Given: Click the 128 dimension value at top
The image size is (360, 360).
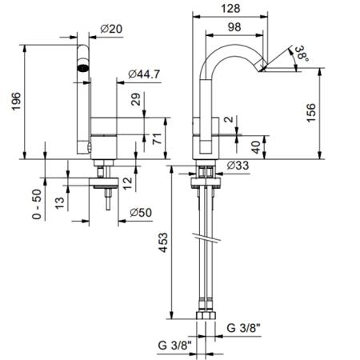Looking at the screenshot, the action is point(230,8).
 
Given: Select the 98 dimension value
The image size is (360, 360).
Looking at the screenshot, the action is point(234,27).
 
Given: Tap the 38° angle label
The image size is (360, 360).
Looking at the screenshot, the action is point(302,54).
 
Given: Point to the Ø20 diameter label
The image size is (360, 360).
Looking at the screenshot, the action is point(111,29).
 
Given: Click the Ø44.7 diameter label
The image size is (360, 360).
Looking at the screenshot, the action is point(144,74).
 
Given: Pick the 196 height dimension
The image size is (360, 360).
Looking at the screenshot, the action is point(17,102).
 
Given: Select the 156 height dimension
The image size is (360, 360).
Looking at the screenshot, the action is point(311,113).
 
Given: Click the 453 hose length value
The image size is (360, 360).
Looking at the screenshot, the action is point(163,242).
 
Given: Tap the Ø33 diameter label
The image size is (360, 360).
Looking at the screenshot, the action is point(238,166).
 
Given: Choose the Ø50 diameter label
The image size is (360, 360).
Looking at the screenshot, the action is point(141,213).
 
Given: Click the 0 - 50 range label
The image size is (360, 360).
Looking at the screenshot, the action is point(37,204).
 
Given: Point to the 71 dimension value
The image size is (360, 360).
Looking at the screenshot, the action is point(158,138).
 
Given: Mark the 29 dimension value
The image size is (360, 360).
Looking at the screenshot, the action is point(136,99).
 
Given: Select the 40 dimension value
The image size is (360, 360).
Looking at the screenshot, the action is point(256,147).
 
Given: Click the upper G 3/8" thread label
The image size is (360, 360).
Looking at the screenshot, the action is point(243,328).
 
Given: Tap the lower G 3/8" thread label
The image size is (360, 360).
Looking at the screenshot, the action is point(174,346).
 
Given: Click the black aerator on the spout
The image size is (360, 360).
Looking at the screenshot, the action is point(83,68).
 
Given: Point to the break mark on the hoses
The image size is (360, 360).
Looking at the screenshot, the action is point(207,238).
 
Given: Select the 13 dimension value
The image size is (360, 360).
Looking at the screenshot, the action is point(60,203).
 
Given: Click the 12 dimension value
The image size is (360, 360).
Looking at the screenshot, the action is point(127,183).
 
